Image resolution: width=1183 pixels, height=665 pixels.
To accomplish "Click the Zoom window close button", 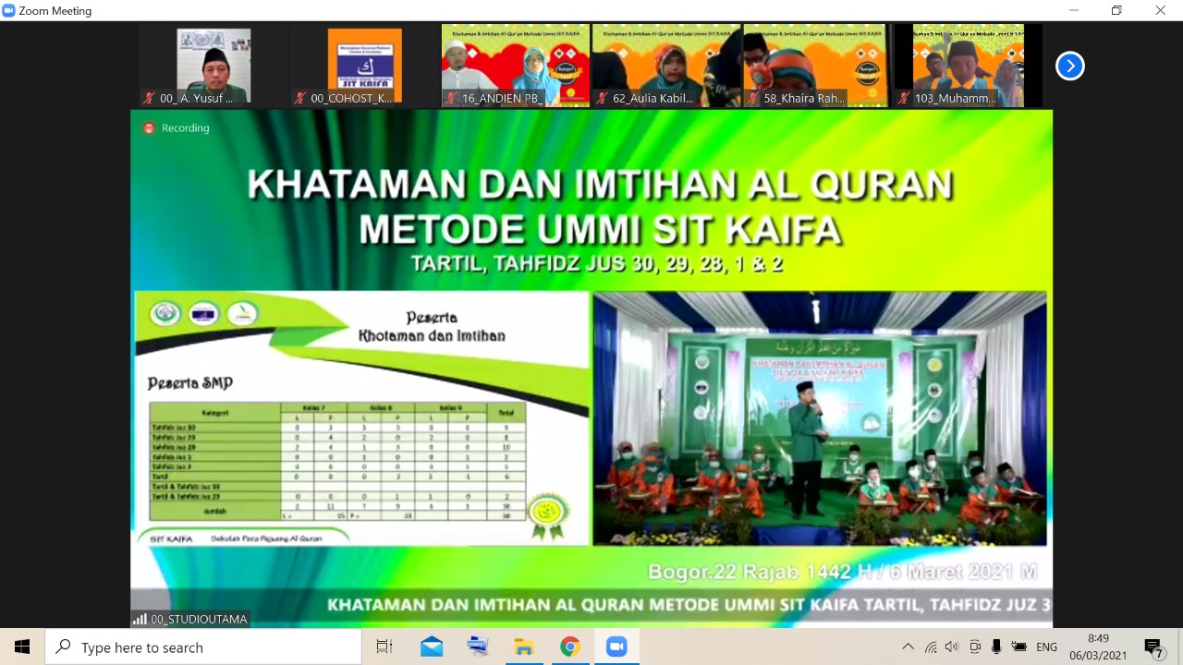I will click(x=1160, y=10).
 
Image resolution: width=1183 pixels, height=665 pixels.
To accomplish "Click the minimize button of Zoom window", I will click(x=1073, y=10).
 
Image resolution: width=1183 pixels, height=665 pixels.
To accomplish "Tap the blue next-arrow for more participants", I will click(x=1069, y=66).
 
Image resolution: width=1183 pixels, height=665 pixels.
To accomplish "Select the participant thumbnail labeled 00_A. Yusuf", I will click(x=213, y=65).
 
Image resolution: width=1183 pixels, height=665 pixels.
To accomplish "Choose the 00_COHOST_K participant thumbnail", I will click(x=364, y=65).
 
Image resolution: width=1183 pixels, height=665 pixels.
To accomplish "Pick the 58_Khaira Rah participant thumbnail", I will click(x=815, y=65).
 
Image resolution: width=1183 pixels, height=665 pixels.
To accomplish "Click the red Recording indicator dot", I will click(x=149, y=128).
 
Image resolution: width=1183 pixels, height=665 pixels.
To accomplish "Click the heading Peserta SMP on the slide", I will click(x=190, y=383).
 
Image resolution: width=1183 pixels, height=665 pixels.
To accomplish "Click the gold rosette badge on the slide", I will click(x=548, y=514).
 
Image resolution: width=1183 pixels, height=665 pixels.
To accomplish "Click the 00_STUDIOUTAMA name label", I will click(x=199, y=619).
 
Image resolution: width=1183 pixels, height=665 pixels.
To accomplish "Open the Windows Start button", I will click(x=22, y=647).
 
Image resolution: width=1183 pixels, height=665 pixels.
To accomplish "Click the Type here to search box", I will click(x=203, y=647).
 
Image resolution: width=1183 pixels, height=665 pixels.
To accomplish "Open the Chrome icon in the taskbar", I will click(x=569, y=647).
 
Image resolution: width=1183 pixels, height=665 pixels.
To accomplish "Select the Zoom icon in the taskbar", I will click(x=616, y=647).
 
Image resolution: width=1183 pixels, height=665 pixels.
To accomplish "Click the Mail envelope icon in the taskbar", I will click(x=431, y=647).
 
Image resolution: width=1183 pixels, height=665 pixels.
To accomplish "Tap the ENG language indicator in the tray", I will click(x=1046, y=647).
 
